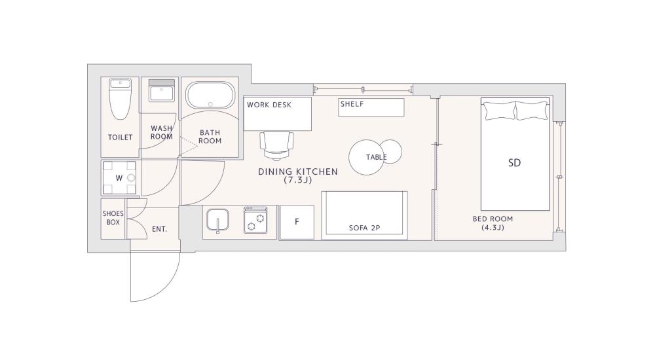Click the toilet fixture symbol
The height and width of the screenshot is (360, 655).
(121, 99)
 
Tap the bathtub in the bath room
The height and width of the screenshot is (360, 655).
(210, 95)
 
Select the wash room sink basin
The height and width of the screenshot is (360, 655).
(161, 94)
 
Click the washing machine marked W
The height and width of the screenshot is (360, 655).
(119, 178)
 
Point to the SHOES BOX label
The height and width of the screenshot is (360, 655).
(113, 218)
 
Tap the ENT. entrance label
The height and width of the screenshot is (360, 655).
(159, 229)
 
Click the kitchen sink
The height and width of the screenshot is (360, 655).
(217, 220)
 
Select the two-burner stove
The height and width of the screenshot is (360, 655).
(255, 220)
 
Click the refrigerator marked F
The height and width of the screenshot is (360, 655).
(297, 222)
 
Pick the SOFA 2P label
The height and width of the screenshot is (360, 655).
(364, 228)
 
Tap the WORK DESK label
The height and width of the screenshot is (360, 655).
(269, 105)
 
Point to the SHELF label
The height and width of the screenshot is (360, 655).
(352, 104)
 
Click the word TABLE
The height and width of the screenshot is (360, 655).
(377, 158)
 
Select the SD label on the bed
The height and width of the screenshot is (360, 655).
(515, 163)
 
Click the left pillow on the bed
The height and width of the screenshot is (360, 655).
(500, 111)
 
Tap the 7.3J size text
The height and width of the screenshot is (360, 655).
(297, 181)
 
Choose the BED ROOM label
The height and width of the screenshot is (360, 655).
(493, 219)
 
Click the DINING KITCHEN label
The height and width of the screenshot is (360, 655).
(298, 171)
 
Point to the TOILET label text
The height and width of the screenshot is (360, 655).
(121, 137)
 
